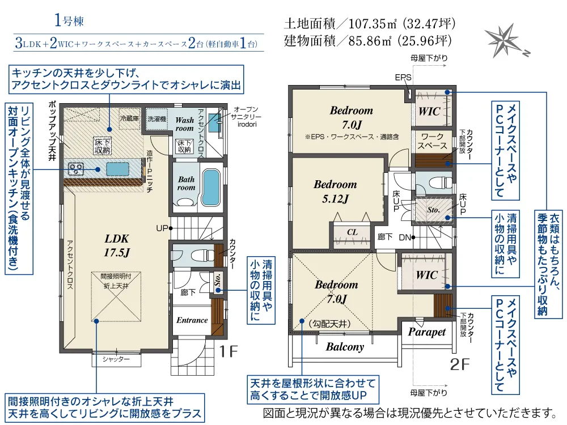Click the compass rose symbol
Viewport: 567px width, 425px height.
tap(505, 40)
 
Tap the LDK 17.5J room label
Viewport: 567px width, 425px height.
tap(117, 245)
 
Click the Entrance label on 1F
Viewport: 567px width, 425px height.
tap(192, 320)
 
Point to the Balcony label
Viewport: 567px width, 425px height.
tap(345, 347)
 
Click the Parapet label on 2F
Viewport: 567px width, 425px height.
tap(427, 331)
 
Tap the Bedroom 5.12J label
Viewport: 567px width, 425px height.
tap(335, 192)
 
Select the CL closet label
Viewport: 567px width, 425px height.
tap(352, 232)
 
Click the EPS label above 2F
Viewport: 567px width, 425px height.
tap(403, 77)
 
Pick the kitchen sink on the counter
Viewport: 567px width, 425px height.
tap(117, 169)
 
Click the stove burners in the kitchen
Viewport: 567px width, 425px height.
tap(77, 169)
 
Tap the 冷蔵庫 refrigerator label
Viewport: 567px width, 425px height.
tap(129, 118)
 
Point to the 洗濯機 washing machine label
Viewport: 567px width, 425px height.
tap(156, 119)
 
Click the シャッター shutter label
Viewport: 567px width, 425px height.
tap(116, 359)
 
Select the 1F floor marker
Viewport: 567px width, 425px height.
tap(229, 351)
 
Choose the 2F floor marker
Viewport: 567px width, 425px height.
tap(460, 364)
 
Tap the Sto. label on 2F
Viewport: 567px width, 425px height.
tap(433, 210)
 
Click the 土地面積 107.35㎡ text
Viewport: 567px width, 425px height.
tap(370, 24)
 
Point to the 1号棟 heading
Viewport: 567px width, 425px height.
tap(69, 20)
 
